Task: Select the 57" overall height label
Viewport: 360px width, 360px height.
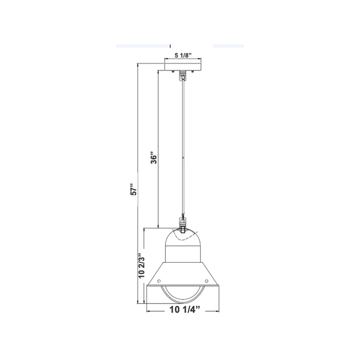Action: click(132, 189)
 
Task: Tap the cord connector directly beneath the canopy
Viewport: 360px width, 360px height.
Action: click(182, 76)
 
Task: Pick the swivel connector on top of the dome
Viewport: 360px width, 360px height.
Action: click(182, 223)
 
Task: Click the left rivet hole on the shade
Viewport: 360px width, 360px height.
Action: click(157, 281)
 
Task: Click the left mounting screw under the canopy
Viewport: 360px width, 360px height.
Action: click(173, 71)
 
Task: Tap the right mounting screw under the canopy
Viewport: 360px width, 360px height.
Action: click(192, 71)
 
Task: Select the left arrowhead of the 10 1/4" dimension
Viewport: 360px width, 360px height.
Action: click(149, 310)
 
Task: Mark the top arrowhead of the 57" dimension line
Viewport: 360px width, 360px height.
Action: click(138, 65)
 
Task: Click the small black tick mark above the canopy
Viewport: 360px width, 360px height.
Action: click(170, 46)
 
